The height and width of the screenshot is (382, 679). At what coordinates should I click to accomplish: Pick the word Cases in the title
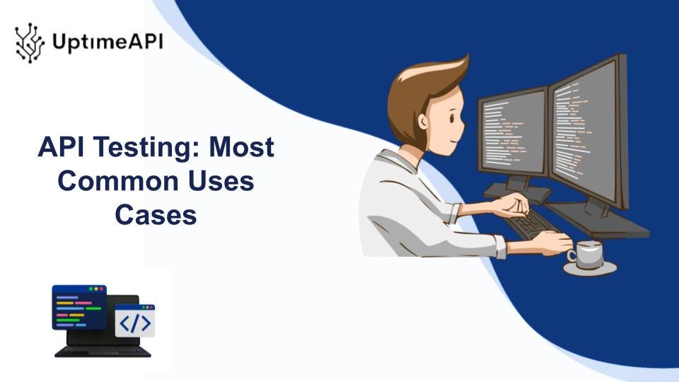coord(156,215)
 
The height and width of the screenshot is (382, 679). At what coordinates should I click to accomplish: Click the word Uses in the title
coord(221,182)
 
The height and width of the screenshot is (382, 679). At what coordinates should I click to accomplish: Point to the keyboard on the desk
coord(532,223)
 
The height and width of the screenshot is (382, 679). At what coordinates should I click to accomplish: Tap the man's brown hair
coord(417,85)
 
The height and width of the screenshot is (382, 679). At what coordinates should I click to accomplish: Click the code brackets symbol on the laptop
coord(134,323)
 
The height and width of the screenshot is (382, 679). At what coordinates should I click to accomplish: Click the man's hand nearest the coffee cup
coord(552,242)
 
